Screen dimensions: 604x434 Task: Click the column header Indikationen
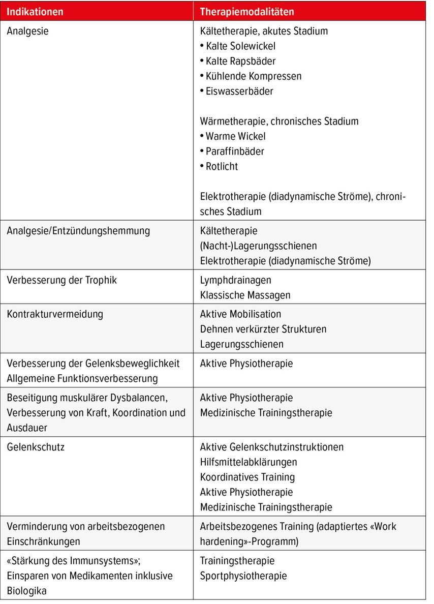click(x=36, y=11)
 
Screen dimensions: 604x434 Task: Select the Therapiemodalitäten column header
click(x=247, y=11)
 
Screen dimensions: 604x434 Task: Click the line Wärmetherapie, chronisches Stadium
click(x=279, y=121)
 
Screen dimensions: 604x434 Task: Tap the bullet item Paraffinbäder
click(x=235, y=151)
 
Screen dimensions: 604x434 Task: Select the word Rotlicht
click(x=222, y=166)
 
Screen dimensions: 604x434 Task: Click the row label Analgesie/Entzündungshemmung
click(x=78, y=231)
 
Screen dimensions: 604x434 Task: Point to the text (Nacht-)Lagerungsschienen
click(x=258, y=246)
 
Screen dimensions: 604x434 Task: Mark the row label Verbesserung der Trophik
click(x=61, y=280)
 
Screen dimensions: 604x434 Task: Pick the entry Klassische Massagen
click(x=245, y=295)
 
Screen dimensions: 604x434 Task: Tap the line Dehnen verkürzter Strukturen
click(x=263, y=329)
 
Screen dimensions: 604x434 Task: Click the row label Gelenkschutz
click(x=36, y=447)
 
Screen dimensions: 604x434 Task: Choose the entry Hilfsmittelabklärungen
click(x=249, y=462)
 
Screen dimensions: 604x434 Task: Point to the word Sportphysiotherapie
click(x=243, y=576)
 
